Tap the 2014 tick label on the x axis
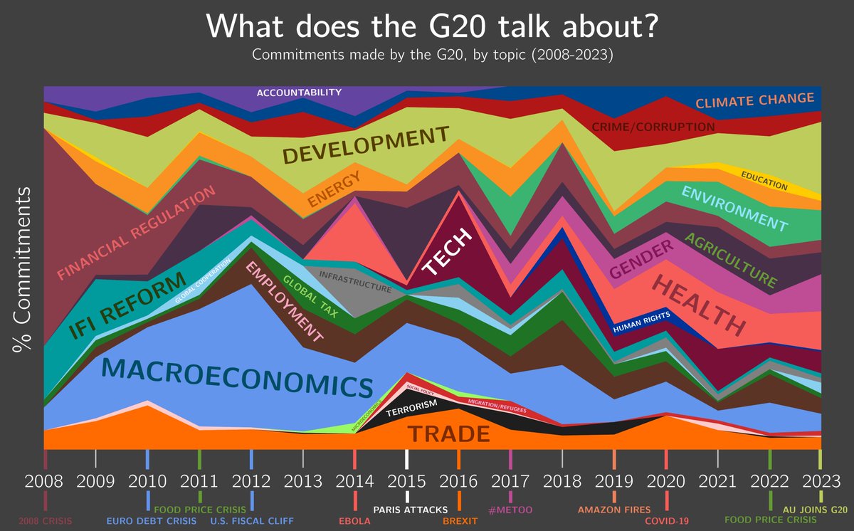tap(355, 481)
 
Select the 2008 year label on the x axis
tap(44, 481)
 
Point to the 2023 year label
tap(819, 481)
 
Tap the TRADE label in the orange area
tap(448, 433)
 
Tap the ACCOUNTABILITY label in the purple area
tap(299, 93)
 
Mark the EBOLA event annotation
tap(354, 520)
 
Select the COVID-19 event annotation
tap(667, 520)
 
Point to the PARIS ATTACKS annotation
tap(411, 509)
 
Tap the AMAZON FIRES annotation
tap(614, 509)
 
